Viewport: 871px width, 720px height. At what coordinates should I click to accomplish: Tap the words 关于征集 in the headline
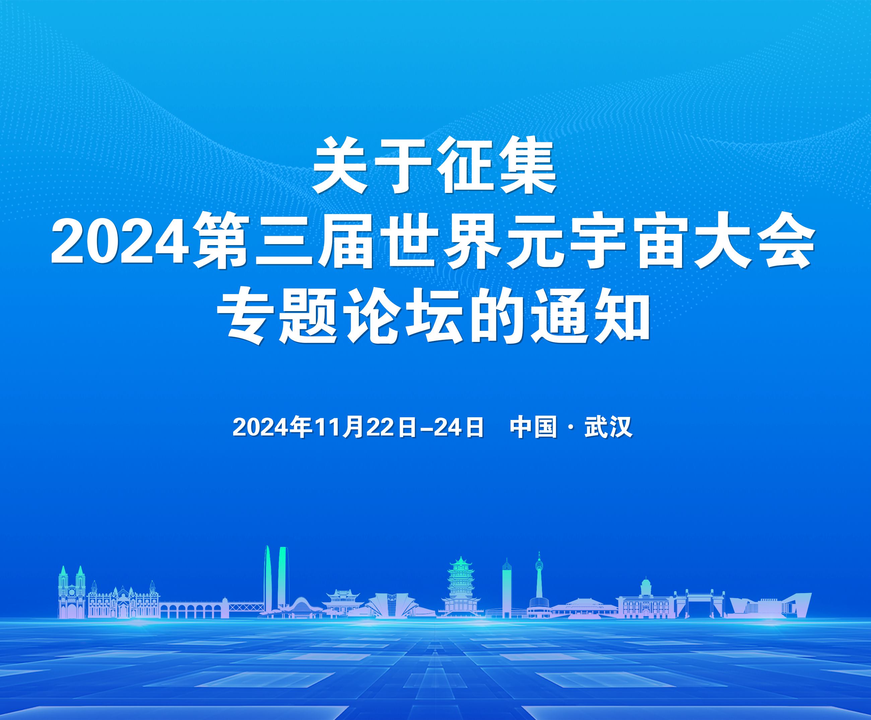434,166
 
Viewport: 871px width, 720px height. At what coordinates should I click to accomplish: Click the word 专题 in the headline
277,316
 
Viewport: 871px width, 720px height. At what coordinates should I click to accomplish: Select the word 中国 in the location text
533,427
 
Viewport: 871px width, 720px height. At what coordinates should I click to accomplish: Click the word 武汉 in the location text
608,427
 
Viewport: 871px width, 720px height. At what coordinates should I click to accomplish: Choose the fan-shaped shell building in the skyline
392,605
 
